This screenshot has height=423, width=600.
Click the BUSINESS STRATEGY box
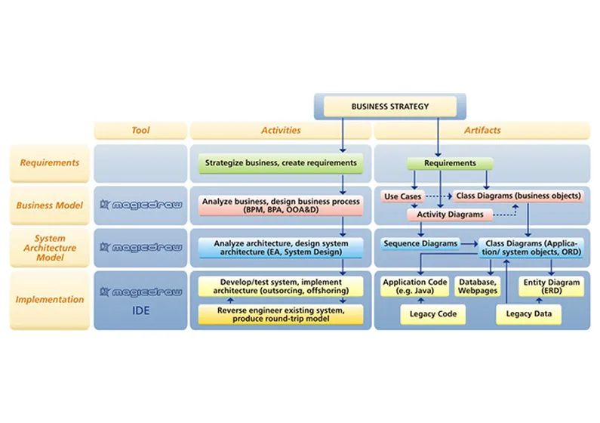tap(389, 107)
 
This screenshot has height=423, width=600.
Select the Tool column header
tap(140, 130)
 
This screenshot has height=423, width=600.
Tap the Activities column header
tap(280, 130)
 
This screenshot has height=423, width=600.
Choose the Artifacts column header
tap(481, 130)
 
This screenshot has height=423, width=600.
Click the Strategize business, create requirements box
tap(281, 162)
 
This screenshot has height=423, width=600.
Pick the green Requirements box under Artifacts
tap(450, 162)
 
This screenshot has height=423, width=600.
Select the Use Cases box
tap(401, 196)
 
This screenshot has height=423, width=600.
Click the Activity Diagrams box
tap(450, 215)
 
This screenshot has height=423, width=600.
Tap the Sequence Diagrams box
tap(420, 243)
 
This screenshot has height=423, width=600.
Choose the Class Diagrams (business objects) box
tap(519, 196)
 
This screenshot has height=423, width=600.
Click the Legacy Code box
tap(432, 313)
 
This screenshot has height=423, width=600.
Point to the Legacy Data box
tap(528, 313)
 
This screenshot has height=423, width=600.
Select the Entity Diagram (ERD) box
tap(551, 286)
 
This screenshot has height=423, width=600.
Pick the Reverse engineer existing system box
tap(280, 314)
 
